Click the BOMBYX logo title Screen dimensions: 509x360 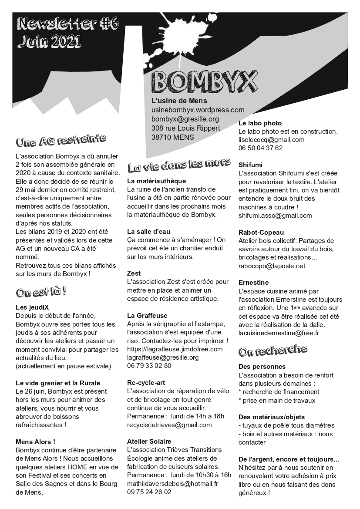(x=205, y=81)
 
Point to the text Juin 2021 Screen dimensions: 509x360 (x=49, y=41)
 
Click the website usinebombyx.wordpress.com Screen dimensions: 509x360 (x=198, y=110)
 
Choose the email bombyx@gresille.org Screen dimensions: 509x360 (x=185, y=119)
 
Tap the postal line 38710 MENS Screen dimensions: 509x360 (x=173, y=137)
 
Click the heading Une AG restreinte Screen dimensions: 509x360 (x=61, y=140)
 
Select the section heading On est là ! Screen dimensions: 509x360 (x=41, y=291)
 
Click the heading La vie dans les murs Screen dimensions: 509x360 (x=179, y=165)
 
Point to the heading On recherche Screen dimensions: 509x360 (x=273, y=350)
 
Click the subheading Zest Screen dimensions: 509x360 (x=134, y=273)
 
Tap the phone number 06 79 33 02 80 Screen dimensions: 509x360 (x=149, y=366)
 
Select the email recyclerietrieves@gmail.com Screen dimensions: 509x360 (x=169, y=425)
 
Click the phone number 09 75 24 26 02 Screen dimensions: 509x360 (x=149, y=492)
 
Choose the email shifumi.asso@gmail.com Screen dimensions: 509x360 (x=275, y=216)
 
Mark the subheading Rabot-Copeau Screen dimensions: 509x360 (x=261, y=233)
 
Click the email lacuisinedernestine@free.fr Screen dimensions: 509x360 (x=279, y=333)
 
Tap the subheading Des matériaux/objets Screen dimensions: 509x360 (x=272, y=417)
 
